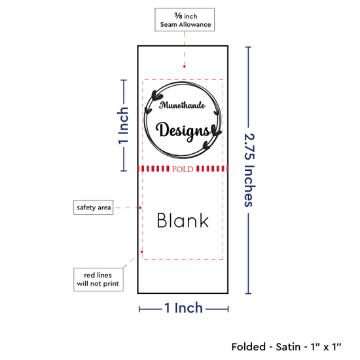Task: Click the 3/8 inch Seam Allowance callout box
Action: [x=185, y=20]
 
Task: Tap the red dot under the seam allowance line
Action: [x=185, y=67]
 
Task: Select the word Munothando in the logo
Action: [x=183, y=105]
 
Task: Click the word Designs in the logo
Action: [x=183, y=131]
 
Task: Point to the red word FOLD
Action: [x=183, y=170]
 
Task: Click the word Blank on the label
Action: [x=183, y=221]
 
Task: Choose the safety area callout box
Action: [x=93, y=207]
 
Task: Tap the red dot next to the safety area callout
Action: [x=140, y=207]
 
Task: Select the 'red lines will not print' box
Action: [x=98, y=279]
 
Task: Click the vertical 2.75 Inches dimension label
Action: [x=249, y=170]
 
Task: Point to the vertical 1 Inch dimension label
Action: [x=123, y=126]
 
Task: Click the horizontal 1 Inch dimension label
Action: [x=184, y=308]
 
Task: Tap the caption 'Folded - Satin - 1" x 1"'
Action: [x=286, y=347]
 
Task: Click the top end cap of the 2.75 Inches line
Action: [x=248, y=47]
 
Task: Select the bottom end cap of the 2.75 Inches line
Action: [x=248, y=293]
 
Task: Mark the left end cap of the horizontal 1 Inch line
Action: [x=139, y=309]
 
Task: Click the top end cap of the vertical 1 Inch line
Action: [x=124, y=80]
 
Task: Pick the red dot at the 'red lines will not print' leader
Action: [x=142, y=252]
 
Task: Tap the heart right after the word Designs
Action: [x=216, y=131]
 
